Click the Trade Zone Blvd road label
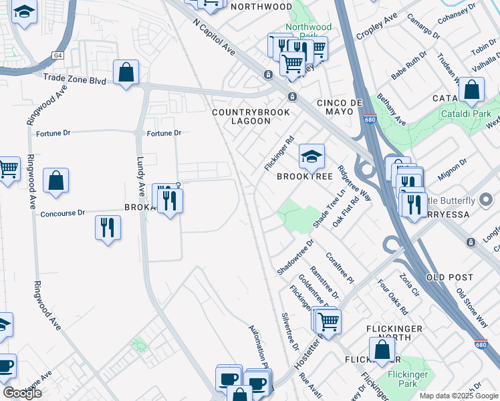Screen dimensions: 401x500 [75, 79]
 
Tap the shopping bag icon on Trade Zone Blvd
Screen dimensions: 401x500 [126, 73]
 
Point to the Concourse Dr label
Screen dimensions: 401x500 [63, 214]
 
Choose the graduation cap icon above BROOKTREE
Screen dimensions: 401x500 [311, 157]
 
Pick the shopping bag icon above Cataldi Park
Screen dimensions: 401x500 [471, 90]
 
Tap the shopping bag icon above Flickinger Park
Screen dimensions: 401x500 [382, 350]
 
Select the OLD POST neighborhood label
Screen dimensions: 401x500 [449, 277]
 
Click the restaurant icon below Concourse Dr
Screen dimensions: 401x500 [107, 228]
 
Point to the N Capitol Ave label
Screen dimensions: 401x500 [214, 37]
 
